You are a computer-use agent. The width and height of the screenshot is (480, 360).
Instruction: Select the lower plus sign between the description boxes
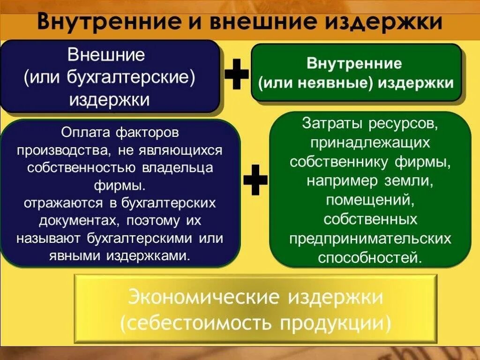256,180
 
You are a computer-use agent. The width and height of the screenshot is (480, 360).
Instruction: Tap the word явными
75,255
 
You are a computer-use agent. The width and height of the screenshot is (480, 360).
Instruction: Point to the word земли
405,181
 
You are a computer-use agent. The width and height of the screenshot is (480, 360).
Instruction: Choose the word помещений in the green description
370,200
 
